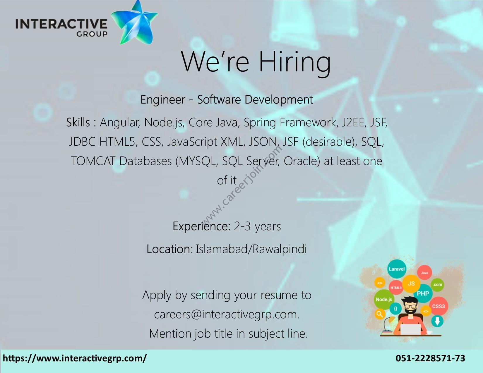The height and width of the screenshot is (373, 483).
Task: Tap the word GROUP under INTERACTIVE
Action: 92,34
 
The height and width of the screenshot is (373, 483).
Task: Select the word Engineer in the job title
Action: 163,99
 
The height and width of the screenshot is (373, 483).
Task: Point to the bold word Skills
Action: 78,122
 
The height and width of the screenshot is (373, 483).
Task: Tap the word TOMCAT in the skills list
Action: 93,161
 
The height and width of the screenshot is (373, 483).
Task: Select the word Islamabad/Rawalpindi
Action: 251,249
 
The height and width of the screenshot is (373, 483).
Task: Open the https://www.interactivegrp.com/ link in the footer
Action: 75,358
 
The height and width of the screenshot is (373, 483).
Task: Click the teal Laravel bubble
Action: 397,269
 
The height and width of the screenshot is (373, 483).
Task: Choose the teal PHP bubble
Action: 423,293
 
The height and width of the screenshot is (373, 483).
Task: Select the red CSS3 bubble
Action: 438,306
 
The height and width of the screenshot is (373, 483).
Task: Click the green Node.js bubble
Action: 384,300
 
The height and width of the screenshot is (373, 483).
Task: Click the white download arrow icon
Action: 437,321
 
